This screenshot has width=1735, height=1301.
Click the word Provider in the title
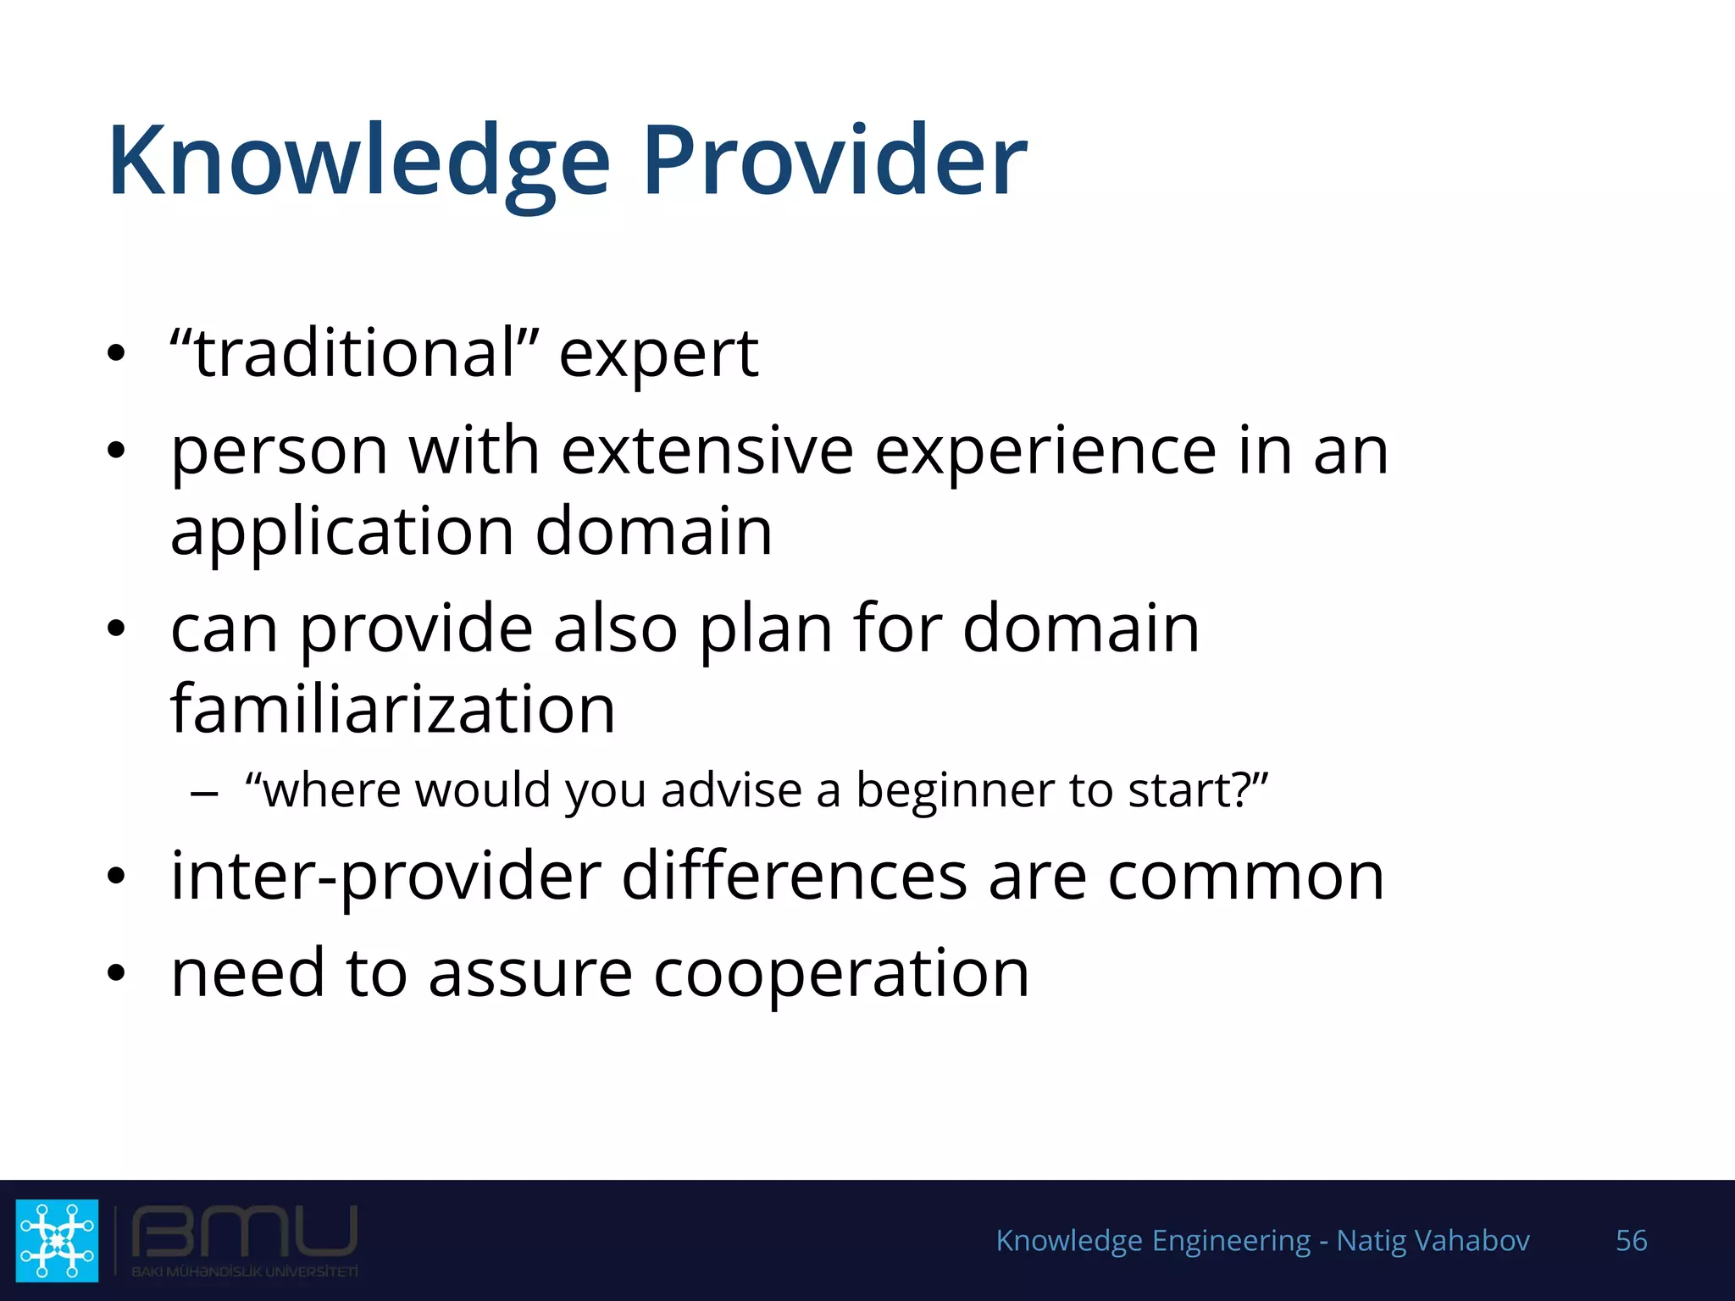click(x=834, y=161)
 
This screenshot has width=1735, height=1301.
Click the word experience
click(x=1045, y=453)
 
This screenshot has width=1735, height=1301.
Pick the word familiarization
click(x=392, y=709)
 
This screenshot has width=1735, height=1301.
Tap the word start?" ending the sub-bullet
click(x=1198, y=790)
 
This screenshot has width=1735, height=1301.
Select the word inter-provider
click(x=385, y=877)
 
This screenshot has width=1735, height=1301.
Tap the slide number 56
click(x=1631, y=1240)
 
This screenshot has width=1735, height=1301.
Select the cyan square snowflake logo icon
click(x=57, y=1240)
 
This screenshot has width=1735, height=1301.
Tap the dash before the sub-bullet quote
click(x=204, y=794)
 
